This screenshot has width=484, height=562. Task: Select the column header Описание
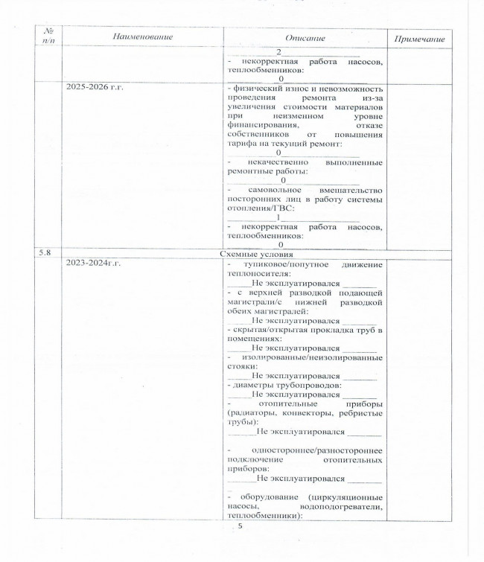coord(305,36)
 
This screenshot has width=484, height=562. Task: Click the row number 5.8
coord(45,253)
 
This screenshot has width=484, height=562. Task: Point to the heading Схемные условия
coord(253,254)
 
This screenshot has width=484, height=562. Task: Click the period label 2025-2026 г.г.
coord(95,88)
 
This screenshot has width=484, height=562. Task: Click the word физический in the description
coord(258,89)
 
